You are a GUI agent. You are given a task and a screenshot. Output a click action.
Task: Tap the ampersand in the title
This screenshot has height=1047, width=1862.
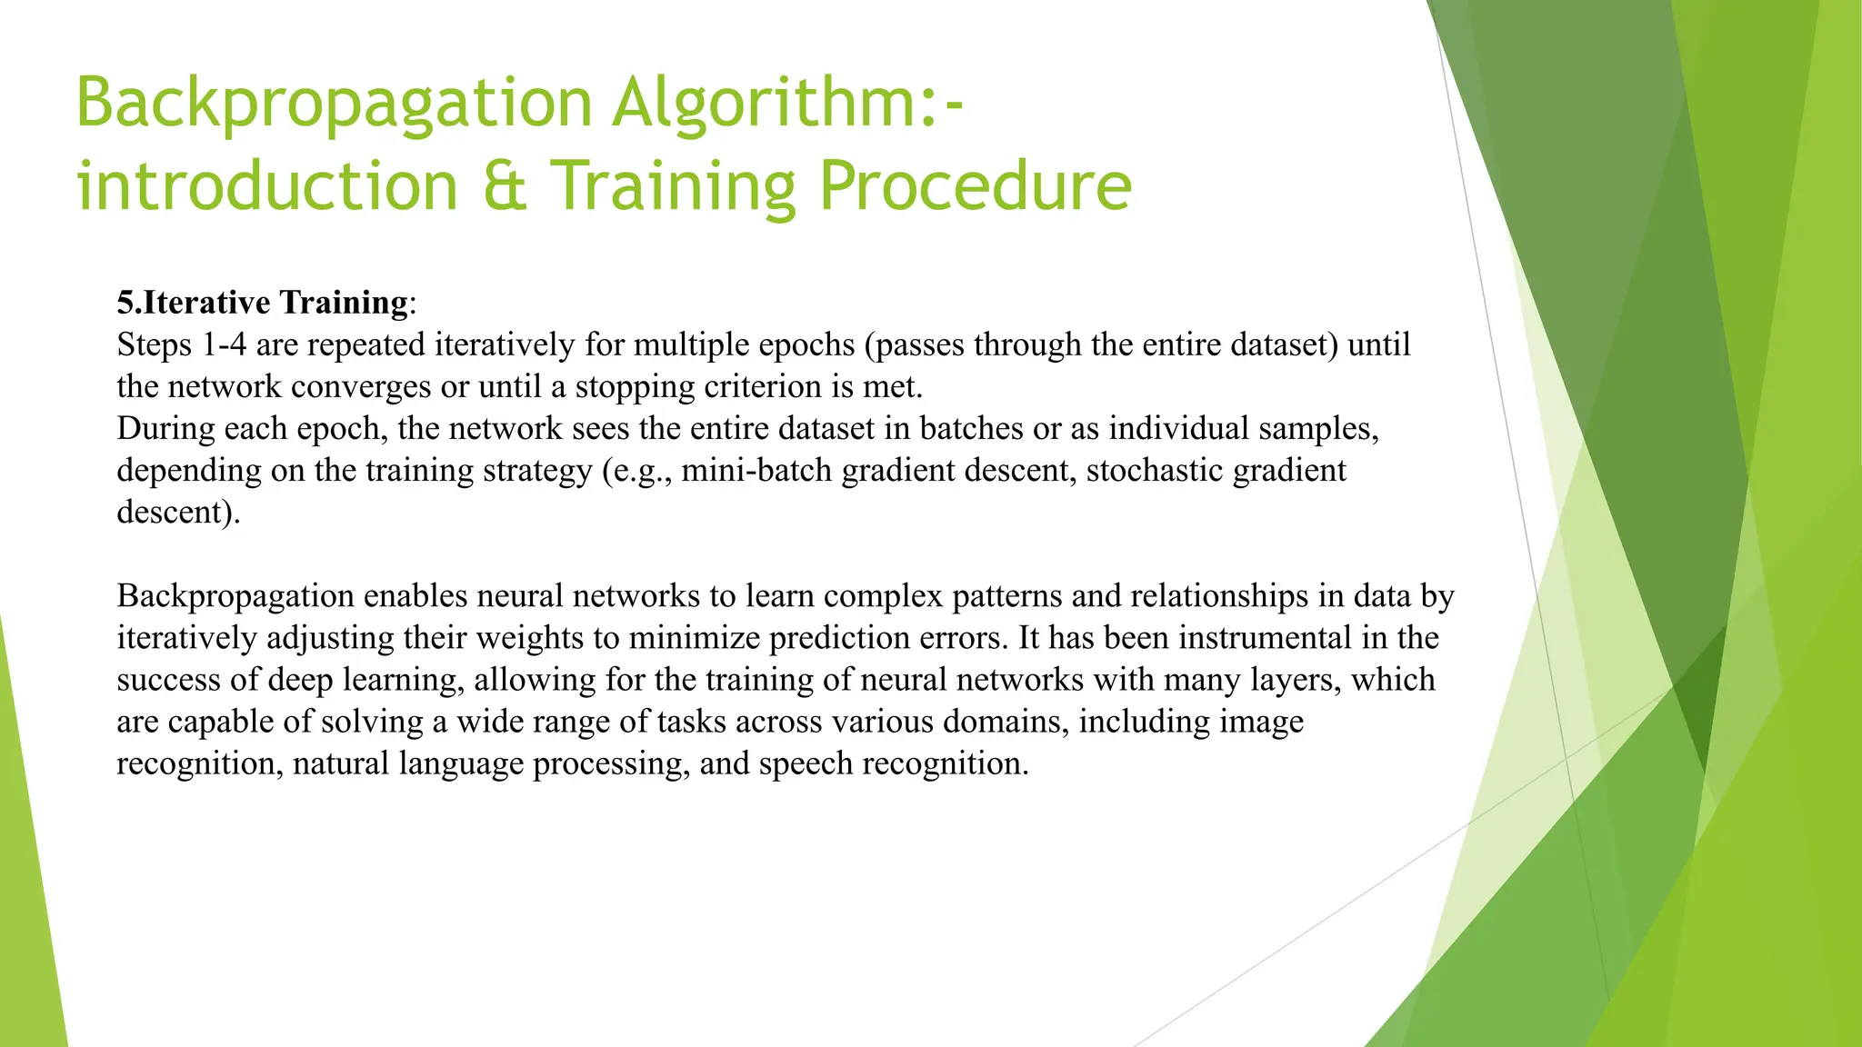[x=505, y=186]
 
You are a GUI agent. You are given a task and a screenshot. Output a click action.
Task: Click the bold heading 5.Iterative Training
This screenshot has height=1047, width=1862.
[x=263, y=303]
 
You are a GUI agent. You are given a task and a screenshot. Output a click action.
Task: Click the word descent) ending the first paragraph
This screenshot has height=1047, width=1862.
[x=178, y=513]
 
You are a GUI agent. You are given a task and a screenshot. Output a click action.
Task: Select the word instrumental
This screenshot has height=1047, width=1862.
[x=1265, y=638]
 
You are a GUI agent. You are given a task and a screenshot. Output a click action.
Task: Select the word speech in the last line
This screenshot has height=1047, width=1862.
[x=806, y=763]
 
